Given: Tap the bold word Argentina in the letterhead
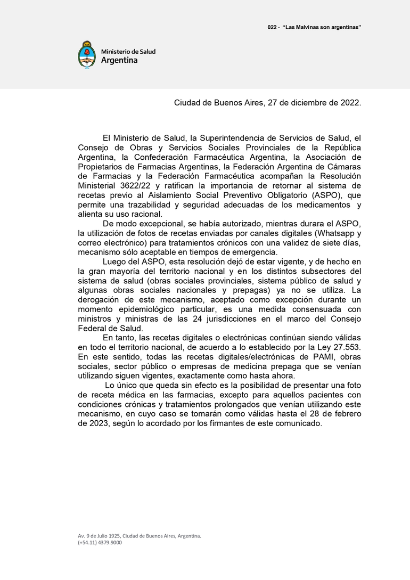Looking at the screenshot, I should coord(119,61).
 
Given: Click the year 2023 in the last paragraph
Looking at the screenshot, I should coord(89,424).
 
